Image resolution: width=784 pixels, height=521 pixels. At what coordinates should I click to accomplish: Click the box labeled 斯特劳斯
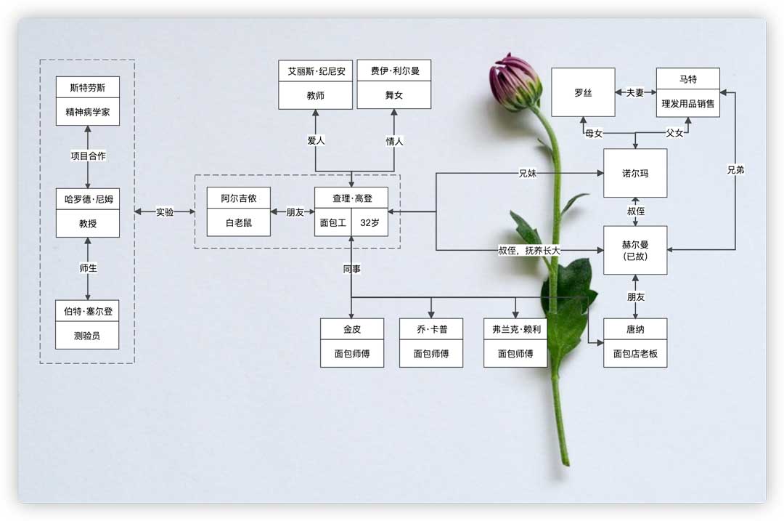pos(88,89)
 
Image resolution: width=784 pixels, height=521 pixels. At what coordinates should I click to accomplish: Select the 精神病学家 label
pos(88,113)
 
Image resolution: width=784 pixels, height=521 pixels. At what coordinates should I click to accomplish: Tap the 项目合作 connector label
pos(88,156)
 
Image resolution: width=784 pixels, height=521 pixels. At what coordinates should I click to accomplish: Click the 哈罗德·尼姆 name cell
pos(88,200)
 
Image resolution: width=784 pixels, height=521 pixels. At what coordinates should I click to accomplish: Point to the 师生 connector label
pos(88,268)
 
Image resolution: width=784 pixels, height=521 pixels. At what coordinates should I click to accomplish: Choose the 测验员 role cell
pos(88,336)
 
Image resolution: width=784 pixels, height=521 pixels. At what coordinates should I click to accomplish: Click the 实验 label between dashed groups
pos(165,212)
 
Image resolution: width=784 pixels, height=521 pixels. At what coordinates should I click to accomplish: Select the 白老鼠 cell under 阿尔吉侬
pos(238,224)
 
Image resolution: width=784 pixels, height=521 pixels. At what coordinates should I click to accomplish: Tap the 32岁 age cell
pos(369,224)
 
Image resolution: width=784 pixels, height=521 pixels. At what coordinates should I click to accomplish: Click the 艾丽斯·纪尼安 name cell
pos(315,71)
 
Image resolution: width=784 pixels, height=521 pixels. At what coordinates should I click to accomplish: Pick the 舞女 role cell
pos(394,95)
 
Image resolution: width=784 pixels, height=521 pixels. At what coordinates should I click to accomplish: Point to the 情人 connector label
pos(394,141)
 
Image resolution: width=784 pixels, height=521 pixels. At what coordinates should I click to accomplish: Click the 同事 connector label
pos(352,269)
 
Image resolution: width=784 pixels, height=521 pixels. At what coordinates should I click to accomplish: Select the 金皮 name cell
pos(352,330)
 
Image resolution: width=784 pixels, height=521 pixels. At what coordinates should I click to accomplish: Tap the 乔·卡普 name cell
pos(430,330)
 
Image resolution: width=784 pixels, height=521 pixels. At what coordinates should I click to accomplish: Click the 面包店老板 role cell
pos(635,354)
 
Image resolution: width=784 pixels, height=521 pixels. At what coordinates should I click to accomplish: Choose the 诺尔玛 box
pos(635,173)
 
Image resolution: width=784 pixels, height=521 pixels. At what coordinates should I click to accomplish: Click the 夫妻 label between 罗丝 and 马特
pos(635,93)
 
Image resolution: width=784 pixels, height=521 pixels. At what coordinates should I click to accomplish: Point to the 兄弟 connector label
pos(735,170)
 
